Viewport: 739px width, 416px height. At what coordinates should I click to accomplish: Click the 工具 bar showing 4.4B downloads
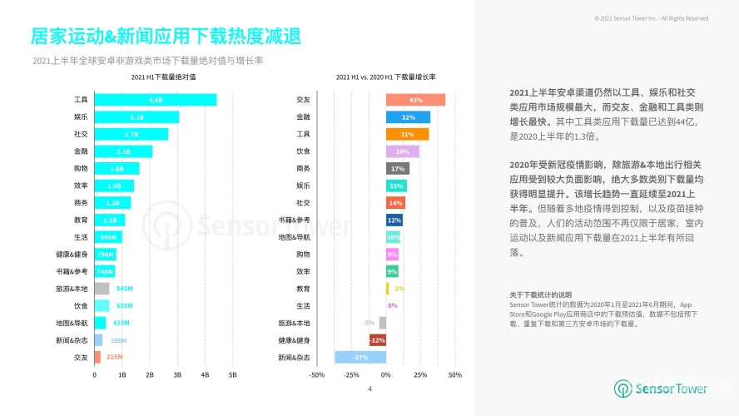point(155,100)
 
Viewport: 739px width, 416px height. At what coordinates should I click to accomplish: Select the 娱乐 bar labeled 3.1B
point(136,117)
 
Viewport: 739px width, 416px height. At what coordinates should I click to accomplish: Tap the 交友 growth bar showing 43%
point(415,100)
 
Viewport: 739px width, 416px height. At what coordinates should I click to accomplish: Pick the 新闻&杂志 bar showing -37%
point(360,357)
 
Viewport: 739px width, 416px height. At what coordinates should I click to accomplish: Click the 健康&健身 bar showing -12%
point(377,340)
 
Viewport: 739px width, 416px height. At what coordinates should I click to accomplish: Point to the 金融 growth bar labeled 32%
point(408,117)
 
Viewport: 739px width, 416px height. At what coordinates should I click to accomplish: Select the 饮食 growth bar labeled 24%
point(402,151)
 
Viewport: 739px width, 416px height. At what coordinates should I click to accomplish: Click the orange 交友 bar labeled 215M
point(97,357)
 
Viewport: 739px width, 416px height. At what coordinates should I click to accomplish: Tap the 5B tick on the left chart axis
point(232,375)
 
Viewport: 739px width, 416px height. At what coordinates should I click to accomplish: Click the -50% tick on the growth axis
point(317,375)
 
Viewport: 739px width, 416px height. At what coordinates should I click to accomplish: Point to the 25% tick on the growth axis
point(420,375)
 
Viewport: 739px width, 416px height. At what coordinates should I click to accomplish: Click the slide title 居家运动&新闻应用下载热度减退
point(166,37)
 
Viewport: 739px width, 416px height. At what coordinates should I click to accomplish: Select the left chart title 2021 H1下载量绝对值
point(164,77)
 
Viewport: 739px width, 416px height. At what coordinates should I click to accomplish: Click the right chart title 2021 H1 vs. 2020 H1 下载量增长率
point(385,77)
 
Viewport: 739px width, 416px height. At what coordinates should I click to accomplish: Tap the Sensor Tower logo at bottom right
point(661,389)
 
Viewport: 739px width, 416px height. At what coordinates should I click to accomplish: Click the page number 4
point(369,388)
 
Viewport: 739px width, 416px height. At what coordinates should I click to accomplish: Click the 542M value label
point(125,289)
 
